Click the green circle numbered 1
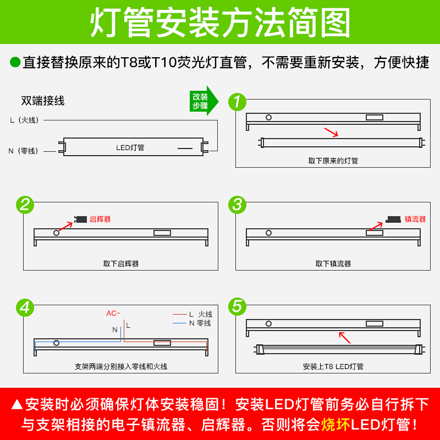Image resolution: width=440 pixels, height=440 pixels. click(237, 102)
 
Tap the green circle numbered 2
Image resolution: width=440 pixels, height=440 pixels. click(25, 205)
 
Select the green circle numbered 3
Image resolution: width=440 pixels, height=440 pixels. click(237, 205)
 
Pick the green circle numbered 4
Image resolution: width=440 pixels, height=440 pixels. click(25, 307)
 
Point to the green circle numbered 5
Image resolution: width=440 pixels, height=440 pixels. click(237, 306)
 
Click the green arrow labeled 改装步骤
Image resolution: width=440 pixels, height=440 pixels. click(204, 101)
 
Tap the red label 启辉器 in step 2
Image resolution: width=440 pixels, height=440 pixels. click(100, 219)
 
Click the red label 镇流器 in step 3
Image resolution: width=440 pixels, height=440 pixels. click(415, 219)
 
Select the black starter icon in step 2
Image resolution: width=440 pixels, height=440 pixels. click(80, 219)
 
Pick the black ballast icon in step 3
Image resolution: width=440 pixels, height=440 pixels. click(393, 219)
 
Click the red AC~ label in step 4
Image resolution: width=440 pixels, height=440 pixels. click(113, 313)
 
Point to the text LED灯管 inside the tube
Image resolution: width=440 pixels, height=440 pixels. click(130, 147)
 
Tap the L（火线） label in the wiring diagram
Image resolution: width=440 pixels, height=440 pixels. click(24, 120)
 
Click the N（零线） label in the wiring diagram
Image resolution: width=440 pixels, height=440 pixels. click(23, 151)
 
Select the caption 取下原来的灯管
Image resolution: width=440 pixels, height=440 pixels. click(333, 161)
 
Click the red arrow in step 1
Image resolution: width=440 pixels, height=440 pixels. click(331, 133)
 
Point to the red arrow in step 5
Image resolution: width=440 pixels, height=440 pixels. click(345, 338)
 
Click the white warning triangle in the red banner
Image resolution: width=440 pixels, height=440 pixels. click(17, 404)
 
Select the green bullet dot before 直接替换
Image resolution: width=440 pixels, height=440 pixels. click(15, 62)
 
